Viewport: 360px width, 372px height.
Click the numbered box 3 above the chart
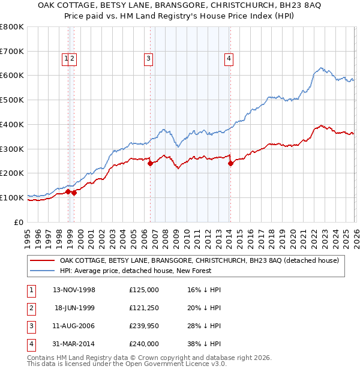pyautogui.click(x=148, y=58)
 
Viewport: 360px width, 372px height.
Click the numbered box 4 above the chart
pyautogui.click(x=229, y=58)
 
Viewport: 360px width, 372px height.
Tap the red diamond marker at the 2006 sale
pyautogui.click(x=150, y=163)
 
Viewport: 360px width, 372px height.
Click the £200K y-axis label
pyautogui.click(x=12, y=173)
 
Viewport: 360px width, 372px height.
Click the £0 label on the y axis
pyautogui.click(x=19, y=222)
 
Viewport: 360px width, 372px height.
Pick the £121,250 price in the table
pyautogui.click(x=143, y=308)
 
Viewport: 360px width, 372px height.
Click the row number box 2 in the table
pyautogui.click(x=31, y=308)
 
